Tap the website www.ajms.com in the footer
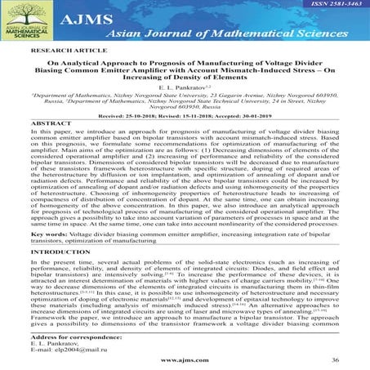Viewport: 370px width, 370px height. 187,361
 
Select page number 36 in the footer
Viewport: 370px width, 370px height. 333,361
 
